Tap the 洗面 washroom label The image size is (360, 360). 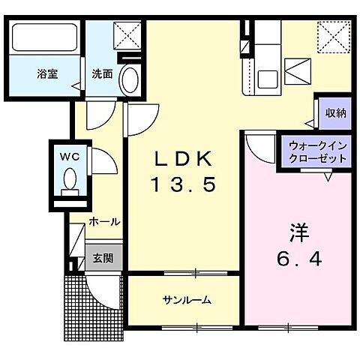pos(102,74)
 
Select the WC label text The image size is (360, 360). pos(68,157)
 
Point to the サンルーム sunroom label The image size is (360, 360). pos(187,300)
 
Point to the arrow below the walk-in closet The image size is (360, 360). pos(327,178)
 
